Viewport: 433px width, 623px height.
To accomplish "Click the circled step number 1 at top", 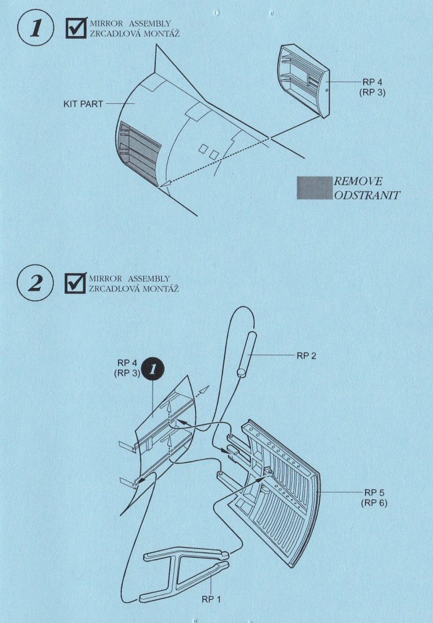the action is pos(35,28).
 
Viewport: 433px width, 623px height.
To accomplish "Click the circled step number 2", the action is pos(35,283).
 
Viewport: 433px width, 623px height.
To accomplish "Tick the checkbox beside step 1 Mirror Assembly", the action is pos(76,27).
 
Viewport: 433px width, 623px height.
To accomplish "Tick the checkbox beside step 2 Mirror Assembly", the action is pos(75,283).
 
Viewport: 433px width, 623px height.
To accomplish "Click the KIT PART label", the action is pos(83,104).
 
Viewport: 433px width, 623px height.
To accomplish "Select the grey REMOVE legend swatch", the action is pos(314,188).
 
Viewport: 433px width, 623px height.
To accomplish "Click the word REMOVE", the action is pos(358,182).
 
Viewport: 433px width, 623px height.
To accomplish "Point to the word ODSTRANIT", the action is pos(366,195).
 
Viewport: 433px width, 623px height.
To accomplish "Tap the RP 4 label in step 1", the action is pos(372,82).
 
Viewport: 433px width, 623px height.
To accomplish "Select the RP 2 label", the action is pos(306,356).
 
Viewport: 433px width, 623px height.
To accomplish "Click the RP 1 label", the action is pos(211,599).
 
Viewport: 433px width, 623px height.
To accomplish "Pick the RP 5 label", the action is pos(374,492).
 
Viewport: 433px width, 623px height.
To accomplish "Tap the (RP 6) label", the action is pos(374,502).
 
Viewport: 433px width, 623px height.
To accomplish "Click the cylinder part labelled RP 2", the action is pos(246,354).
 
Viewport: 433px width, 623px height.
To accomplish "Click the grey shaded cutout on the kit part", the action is pos(139,153).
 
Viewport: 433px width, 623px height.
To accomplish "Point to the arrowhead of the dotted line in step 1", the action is pos(163,184).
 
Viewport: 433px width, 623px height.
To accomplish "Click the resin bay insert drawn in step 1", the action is pos(304,81).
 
